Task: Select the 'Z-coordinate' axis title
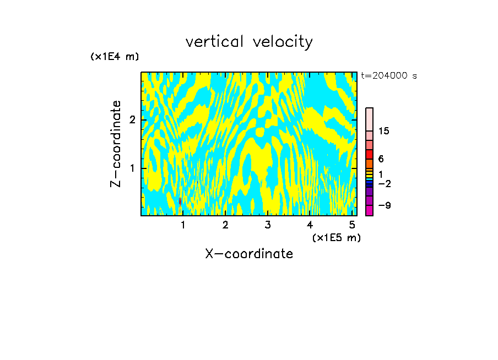116,144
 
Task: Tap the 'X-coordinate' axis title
249,254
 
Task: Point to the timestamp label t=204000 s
388,75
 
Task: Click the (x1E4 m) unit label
115,56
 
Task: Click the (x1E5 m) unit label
336,237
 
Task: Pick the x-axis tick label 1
183,225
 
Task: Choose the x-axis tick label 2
225,225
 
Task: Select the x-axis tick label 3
267,225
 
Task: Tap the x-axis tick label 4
310,225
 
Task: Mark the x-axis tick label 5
351,225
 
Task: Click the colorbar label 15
384,131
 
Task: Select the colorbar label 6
381,159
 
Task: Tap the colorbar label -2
384,183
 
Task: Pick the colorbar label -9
384,205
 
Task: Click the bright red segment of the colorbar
369,154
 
